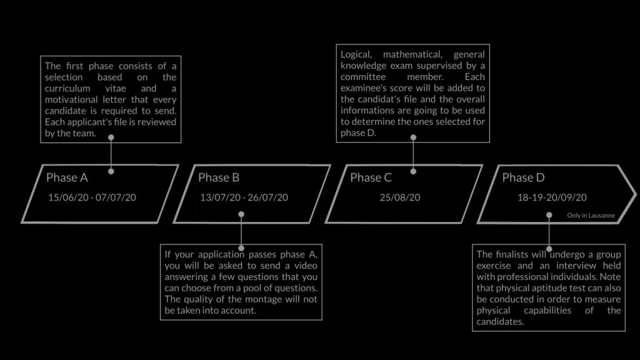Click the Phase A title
tap(67, 177)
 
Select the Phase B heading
tap(219, 177)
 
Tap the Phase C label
tap(371, 177)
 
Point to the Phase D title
tap(523, 177)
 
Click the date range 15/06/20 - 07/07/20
tap(92, 197)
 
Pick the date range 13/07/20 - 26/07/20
tap(244, 197)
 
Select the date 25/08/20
tap(400, 197)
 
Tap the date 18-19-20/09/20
tap(552, 197)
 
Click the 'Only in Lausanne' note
tap(591, 216)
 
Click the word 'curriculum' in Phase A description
tap(67, 89)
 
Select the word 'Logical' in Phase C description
tap(356, 55)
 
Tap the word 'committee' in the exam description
tap(363, 77)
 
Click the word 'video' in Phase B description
tap(306, 266)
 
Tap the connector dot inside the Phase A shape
tap(111, 171)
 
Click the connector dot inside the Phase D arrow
tap(549, 215)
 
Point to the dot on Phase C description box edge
tap(413, 137)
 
